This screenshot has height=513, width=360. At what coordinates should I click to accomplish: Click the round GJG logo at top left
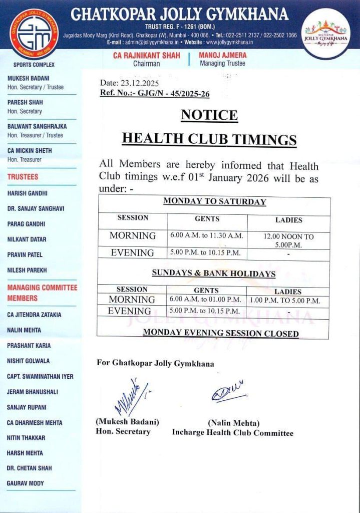coord(35,34)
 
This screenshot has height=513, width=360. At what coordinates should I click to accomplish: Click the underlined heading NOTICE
coord(209,115)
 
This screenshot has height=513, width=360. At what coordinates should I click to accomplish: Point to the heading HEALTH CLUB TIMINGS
coord(209,139)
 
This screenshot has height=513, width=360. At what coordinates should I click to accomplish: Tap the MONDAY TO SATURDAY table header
coord(214,202)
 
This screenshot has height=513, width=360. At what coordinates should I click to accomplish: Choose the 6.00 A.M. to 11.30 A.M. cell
coord(207,235)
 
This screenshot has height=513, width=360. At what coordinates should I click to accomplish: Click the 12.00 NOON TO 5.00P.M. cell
coord(289,240)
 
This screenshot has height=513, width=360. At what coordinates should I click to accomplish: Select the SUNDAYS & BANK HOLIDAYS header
coord(213,274)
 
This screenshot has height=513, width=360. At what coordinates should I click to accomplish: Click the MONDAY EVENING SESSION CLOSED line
coord(220,333)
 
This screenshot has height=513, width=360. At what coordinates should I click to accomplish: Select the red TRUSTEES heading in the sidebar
coord(23,177)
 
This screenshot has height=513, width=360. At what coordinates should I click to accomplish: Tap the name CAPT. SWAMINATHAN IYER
coord(40,376)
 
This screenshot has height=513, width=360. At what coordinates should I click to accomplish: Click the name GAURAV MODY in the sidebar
coord(26,483)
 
